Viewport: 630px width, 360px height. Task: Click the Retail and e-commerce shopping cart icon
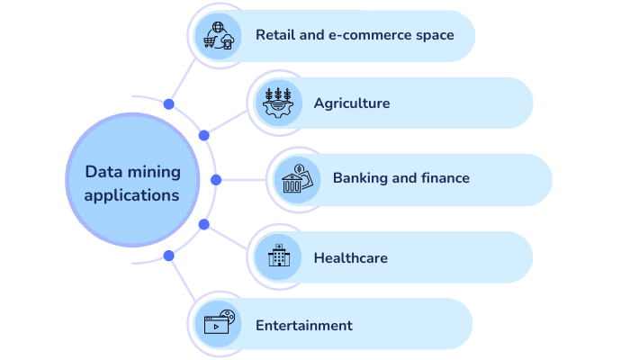[x=219, y=36]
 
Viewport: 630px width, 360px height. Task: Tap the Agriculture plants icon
[x=277, y=103]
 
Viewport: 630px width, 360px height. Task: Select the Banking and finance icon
[x=297, y=178]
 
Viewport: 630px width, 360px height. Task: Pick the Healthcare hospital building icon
[x=277, y=257]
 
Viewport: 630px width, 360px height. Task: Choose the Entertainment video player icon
[x=219, y=324]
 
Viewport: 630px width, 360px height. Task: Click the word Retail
[x=273, y=35]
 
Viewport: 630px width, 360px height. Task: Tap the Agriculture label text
[x=352, y=103]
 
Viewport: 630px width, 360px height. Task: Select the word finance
[x=445, y=178]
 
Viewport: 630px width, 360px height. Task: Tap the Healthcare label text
[x=350, y=258]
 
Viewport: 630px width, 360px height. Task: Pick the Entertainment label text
[x=303, y=325]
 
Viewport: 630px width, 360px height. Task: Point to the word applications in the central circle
[x=132, y=194]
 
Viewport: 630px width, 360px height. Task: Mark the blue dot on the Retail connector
[x=169, y=104]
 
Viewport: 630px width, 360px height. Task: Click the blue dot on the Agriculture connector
[x=204, y=135]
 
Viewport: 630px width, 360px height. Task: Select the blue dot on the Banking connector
[x=216, y=180]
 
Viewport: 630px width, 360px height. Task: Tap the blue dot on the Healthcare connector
[x=204, y=224]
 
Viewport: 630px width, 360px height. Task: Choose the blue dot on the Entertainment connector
[x=169, y=256]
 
